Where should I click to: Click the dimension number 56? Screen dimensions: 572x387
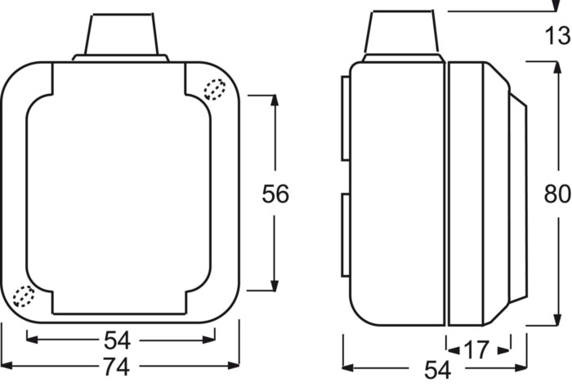pos(275,193)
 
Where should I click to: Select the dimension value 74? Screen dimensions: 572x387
pos(116,367)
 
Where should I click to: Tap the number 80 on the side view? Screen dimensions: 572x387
pos(557,193)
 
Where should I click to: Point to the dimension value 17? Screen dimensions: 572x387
pos(476,349)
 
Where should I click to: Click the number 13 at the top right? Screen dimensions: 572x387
pos(557,36)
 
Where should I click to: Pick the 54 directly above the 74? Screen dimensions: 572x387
pos(117,340)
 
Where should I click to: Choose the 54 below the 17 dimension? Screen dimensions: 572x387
pos(437,370)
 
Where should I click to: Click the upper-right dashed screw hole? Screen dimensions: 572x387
pos(214,89)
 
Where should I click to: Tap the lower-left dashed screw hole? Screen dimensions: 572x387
pos(24,296)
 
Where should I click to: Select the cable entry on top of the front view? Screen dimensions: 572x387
pos(121,38)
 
